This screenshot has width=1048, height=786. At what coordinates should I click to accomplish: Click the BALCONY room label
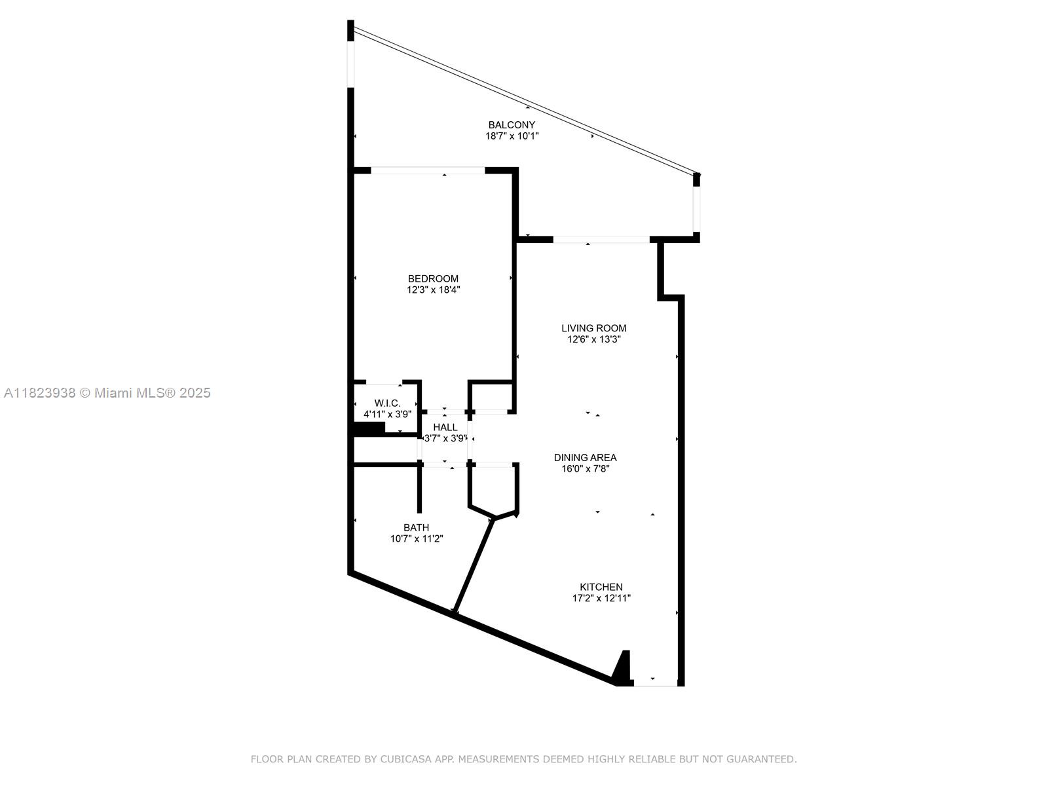tap(512, 125)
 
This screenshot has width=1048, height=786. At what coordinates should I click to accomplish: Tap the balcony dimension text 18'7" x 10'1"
tap(512, 136)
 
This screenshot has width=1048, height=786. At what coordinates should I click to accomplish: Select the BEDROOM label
tap(433, 279)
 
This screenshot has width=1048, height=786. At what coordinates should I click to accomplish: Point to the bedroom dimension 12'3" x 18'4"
tap(433, 290)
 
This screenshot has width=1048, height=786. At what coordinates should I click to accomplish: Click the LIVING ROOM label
tap(593, 328)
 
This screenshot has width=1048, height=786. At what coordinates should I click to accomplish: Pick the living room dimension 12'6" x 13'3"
tap(593, 339)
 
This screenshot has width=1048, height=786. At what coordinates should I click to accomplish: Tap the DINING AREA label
tap(585, 458)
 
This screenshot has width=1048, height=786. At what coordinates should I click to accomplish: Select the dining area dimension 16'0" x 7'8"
tap(585, 468)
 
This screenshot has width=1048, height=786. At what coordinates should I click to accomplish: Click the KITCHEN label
tap(601, 587)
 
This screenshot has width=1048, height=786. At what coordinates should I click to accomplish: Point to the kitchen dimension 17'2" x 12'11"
tap(601, 598)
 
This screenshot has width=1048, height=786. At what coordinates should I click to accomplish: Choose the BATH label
tap(417, 528)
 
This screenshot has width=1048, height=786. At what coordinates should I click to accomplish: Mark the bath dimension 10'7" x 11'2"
tap(417, 539)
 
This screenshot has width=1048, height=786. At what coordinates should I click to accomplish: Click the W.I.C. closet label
tap(387, 403)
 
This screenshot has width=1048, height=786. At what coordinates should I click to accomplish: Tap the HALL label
tap(445, 428)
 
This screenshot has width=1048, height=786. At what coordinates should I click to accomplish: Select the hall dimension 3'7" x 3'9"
tap(445, 439)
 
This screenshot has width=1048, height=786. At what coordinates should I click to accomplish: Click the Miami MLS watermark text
tap(107, 393)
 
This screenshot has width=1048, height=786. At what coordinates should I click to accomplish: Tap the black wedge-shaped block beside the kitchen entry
tap(622, 668)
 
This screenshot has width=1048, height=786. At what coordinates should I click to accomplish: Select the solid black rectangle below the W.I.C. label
tap(369, 428)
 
